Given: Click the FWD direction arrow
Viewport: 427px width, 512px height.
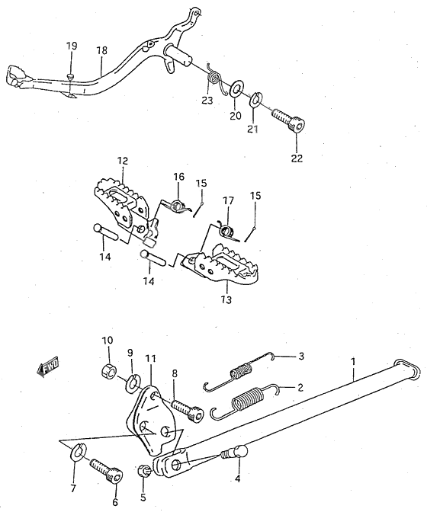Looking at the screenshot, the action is coord(48,366).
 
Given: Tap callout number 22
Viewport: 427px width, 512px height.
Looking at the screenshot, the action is coord(297,158).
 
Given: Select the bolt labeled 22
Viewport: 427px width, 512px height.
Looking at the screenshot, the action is coord(289,120).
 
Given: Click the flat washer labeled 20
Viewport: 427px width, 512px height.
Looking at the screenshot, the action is coord(236,88).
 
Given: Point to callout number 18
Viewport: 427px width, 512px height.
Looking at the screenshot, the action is coord(102,50).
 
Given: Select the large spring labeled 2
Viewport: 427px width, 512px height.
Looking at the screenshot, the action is coord(244,401).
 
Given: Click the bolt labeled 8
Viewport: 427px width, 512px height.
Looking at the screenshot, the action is coord(187,409).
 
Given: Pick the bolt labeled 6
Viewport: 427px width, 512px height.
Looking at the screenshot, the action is coord(106,471).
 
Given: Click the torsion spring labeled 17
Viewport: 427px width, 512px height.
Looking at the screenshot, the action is coord(226,232).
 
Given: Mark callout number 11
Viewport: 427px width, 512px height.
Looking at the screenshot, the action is coord(151,359).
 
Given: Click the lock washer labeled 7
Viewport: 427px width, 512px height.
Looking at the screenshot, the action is coord(78,452).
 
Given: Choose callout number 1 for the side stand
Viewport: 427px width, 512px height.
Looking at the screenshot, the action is coord(353,362).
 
